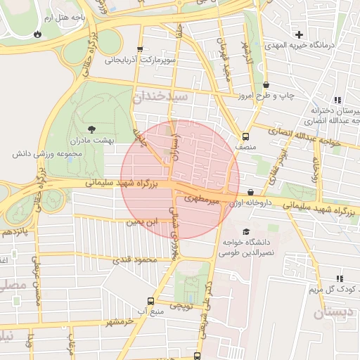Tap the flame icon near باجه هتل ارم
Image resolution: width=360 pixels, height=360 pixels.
tap(37, 33)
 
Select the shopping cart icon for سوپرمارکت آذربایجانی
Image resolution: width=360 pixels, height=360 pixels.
tap(141, 49)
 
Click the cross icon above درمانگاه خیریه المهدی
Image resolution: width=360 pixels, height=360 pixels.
tap(300, 34)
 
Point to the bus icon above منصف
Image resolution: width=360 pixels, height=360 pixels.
tap(245, 136)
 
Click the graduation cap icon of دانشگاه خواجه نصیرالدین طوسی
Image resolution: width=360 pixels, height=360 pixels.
tap(246, 231)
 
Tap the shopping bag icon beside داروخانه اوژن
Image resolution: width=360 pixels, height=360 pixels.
tap(251, 192)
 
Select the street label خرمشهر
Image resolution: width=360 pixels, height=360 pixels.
tap(116, 322)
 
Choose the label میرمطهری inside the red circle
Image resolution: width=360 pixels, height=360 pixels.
tap(202, 200)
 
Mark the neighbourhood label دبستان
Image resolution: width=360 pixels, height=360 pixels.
tap(330, 313)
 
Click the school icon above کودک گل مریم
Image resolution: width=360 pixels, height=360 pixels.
tap(340, 278)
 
